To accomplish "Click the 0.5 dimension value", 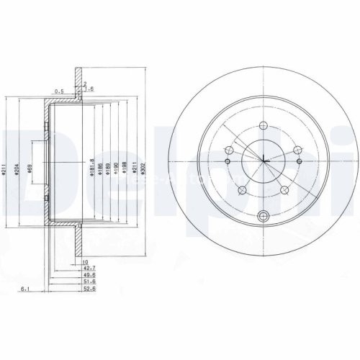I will coord(59,91).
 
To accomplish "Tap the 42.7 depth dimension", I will coord(89,267).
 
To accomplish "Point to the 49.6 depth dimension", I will coord(89,274).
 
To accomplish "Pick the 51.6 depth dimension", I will coord(89,282).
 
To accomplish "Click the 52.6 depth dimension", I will coord(89,290).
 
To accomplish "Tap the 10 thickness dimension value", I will coord(85,260).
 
